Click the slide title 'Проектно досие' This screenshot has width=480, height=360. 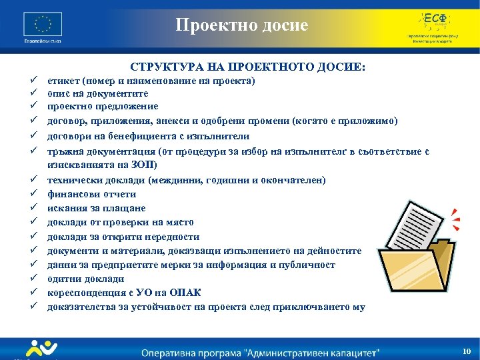tap(242, 25)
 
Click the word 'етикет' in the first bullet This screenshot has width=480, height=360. tap(61, 81)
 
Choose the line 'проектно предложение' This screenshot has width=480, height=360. tap(102, 106)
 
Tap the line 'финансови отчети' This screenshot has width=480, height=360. tap(91, 194)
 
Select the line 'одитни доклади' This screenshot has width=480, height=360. tap(85, 279)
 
